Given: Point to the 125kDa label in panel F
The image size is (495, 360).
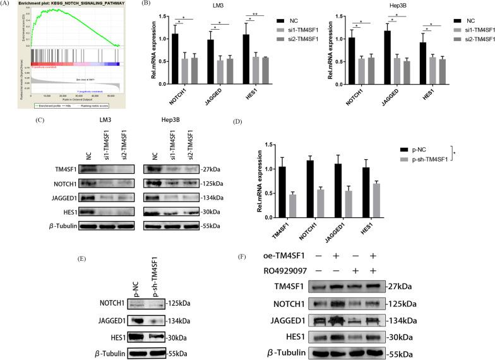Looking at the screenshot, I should pos(400,303).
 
